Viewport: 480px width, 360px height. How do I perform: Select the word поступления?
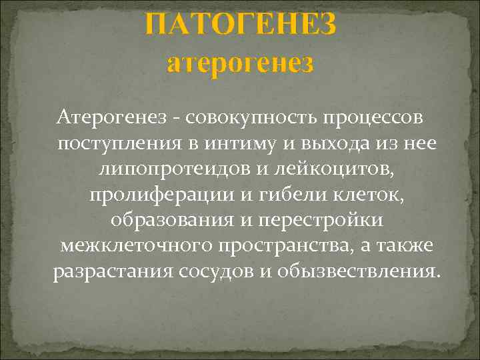117,143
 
